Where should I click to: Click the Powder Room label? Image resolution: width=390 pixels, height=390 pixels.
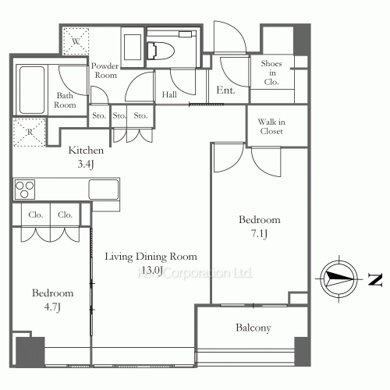105,71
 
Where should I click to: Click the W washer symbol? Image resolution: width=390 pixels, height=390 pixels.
77,40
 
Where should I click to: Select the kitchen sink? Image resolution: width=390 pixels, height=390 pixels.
103,190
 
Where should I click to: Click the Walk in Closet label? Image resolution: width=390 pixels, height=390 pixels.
272,126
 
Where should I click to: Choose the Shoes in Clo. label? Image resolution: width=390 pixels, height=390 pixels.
271,72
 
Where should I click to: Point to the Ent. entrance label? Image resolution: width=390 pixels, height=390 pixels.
226,91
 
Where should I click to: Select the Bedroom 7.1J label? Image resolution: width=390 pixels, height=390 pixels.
259,226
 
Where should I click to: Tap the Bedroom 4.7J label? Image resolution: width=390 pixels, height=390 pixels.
52,300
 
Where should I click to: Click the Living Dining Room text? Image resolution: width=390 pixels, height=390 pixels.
146,263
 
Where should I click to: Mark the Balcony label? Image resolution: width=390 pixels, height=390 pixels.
253,328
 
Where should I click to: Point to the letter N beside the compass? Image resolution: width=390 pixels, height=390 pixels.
375,278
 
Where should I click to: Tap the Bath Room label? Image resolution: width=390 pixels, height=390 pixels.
64,101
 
